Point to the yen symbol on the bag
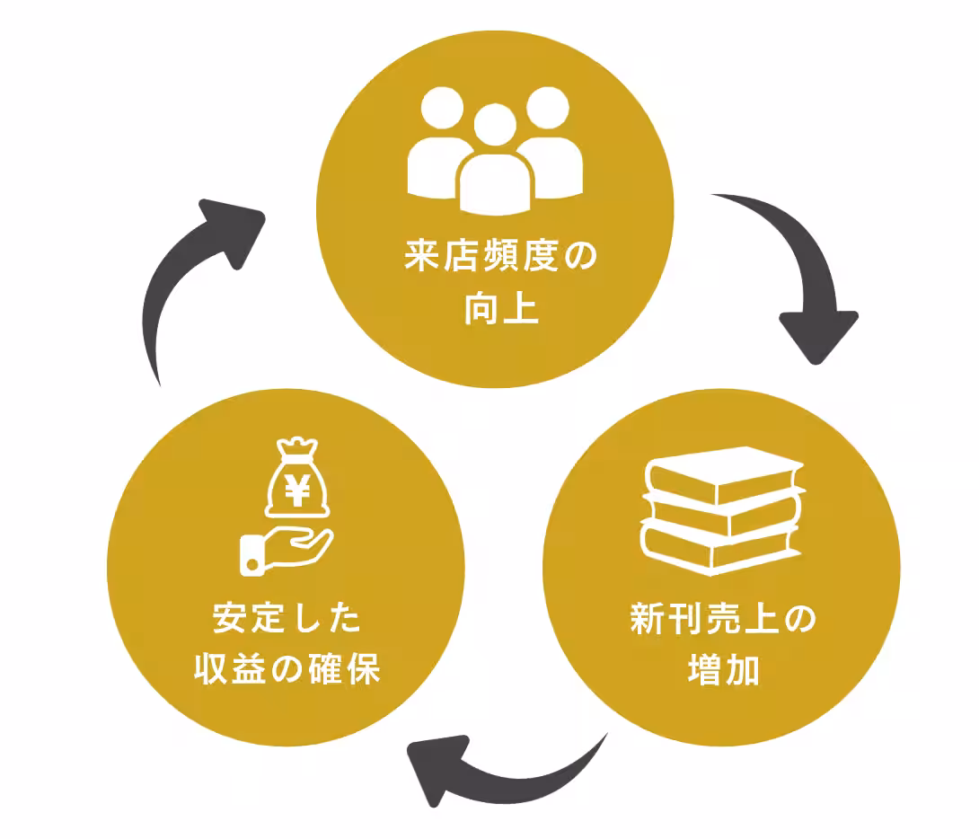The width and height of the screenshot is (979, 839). pos(298,490)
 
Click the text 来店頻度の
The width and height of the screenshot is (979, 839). pos(499,257)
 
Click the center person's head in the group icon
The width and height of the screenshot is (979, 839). pos(494,126)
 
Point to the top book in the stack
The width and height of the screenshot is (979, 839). pos(724,472)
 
